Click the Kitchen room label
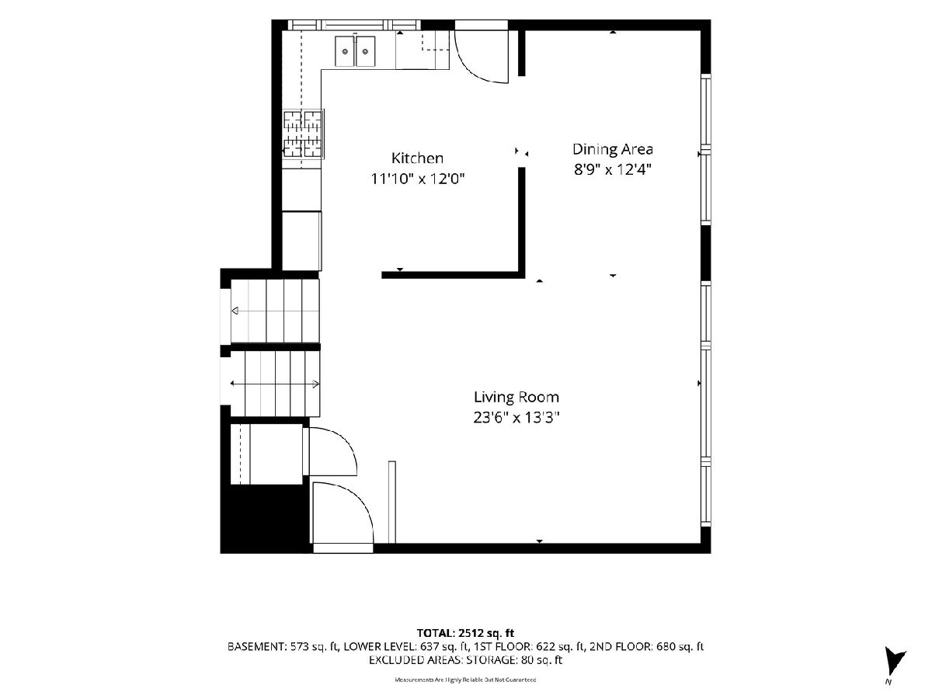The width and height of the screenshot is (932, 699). click(417, 158)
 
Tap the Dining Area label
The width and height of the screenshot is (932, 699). click(612, 149)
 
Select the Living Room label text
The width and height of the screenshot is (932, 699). click(516, 397)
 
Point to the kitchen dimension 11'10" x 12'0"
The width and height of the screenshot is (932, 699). click(418, 179)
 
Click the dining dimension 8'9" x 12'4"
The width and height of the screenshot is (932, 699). click(612, 170)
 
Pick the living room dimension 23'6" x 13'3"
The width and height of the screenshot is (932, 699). click(516, 418)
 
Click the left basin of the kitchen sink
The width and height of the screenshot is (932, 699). click(345, 51)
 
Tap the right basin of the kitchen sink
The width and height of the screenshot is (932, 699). click(365, 51)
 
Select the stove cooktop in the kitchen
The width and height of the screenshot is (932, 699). click(303, 134)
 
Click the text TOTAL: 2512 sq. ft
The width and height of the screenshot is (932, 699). click(465, 633)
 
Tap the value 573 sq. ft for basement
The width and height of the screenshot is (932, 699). click(313, 647)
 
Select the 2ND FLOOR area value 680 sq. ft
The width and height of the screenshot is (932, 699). click(680, 647)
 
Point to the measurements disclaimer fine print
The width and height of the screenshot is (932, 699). click(465, 680)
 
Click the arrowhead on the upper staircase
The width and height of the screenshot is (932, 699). click(235, 311)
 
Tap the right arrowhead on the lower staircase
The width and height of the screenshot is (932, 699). click(316, 384)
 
